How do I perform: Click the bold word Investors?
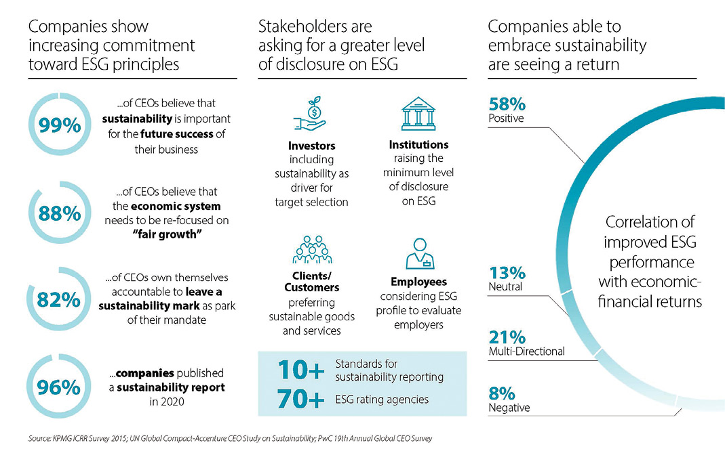click(312, 146)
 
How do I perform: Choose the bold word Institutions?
click(418, 144)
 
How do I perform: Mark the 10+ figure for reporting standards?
click(301, 370)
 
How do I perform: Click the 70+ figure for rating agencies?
click(301, 400)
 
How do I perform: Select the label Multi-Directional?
click(526, 351)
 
